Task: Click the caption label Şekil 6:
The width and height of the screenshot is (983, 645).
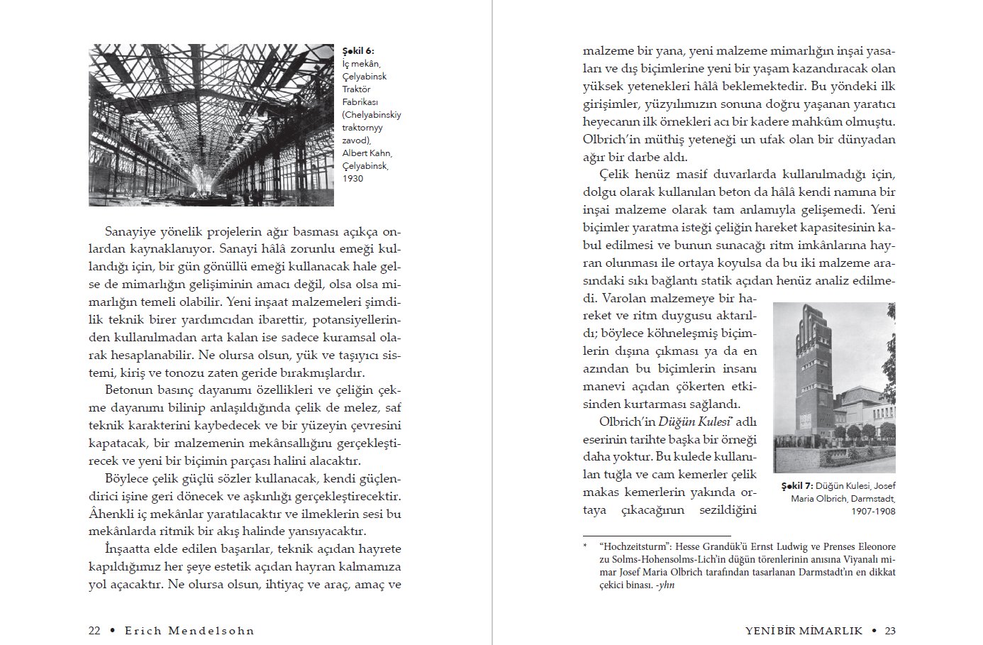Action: click(357, 51)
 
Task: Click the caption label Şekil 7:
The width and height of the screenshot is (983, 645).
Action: click(796, 486)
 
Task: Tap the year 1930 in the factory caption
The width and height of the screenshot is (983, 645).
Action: click(352, 179)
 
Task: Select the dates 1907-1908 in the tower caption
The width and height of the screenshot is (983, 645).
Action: click(873, 512)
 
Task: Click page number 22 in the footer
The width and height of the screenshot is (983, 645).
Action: click(94, 631)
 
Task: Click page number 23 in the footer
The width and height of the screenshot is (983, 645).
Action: click(890, 631)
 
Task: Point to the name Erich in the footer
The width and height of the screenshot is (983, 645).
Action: click(143, 631)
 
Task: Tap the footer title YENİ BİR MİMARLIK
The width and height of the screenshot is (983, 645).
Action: click(804, 631)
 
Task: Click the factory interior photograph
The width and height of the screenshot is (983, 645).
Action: click(211, 125)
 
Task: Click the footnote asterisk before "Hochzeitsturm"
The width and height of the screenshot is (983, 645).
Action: click(585, 546)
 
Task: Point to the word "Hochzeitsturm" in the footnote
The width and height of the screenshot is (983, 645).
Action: click(635, 547)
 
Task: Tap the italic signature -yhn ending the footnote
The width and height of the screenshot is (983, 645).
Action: click(665, 585)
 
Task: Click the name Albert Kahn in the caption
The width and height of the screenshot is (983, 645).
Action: click(366, 153)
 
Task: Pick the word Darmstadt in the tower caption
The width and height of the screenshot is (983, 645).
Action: click(872, 499)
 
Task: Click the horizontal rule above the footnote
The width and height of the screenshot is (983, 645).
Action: click(656, 536)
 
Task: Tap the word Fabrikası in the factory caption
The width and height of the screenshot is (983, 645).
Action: click(360, 102)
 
